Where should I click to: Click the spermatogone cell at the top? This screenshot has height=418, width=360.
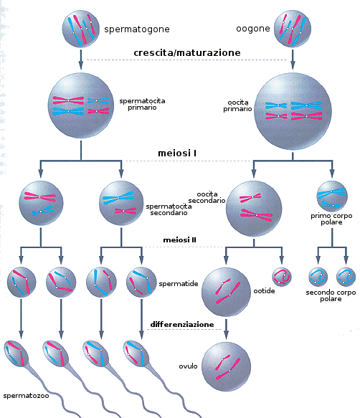point(81,29)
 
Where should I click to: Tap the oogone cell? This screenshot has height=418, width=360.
point(293,29)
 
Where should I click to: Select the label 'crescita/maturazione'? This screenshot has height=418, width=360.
point(187,52)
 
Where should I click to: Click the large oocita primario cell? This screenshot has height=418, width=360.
point(293,111)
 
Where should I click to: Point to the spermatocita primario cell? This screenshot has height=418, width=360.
point(81,105)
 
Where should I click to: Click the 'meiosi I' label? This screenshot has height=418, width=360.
point(177,153)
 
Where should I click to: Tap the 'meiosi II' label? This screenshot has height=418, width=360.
point(179,240)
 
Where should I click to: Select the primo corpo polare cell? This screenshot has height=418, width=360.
point(332,196)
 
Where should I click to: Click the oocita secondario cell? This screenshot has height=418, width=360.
point(254,209)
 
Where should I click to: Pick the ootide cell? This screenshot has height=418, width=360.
point(226,293)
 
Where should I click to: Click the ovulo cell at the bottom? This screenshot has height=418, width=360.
point(226,367)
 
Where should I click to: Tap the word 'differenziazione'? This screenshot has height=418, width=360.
point(182,324)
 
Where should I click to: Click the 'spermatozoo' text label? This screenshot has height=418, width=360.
point(26,396)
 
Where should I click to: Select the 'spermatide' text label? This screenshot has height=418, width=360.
point(179,284)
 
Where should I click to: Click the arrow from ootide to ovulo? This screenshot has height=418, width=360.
point(226,329)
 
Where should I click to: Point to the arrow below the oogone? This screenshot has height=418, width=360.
point(293,60)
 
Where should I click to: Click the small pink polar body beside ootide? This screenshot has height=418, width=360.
point(282,277)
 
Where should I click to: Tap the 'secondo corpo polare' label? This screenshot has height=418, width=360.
point(331,295)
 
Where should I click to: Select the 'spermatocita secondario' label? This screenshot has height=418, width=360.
point(169,209)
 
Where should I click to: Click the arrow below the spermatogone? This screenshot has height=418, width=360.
point(81,60)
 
